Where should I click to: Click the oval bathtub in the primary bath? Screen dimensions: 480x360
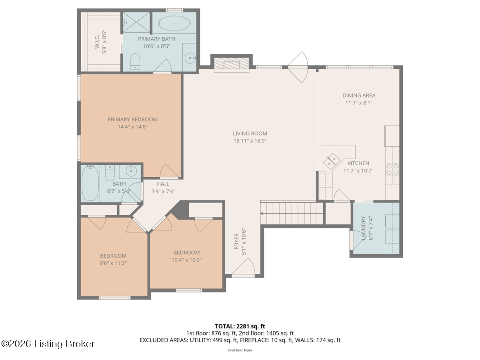[x=174, y=23]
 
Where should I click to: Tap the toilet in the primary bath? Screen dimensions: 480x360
[x=135, y=62]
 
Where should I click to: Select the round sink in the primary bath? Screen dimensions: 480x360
[x=190, y=58]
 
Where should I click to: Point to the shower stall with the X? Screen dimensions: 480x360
[x=136, y=22]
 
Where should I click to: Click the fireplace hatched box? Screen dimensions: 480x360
[x=231, y=65]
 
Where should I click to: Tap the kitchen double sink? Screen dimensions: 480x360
[x=332, y=161]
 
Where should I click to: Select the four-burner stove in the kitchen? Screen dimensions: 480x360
[x=392, y=169]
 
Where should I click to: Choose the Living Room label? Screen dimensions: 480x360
[x=250, y=133]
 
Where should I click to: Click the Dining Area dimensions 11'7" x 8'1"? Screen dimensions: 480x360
[x=359, y=103]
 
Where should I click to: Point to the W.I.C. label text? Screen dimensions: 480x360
[x=97, y=42]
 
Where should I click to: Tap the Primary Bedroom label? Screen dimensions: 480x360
[x=132, y=119]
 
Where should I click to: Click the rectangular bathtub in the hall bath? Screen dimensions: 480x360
[x=90, y=183]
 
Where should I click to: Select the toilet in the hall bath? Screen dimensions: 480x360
[x=110, y=173]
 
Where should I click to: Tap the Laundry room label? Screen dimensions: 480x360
[x=364, y=228]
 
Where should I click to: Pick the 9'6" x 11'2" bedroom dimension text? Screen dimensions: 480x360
[x=113, y=263]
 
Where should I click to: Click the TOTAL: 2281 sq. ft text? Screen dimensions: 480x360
[x=240, y=326]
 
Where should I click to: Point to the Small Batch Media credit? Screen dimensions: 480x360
[x=240, y=350]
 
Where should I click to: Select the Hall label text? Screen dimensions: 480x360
[x=163, y=184]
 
